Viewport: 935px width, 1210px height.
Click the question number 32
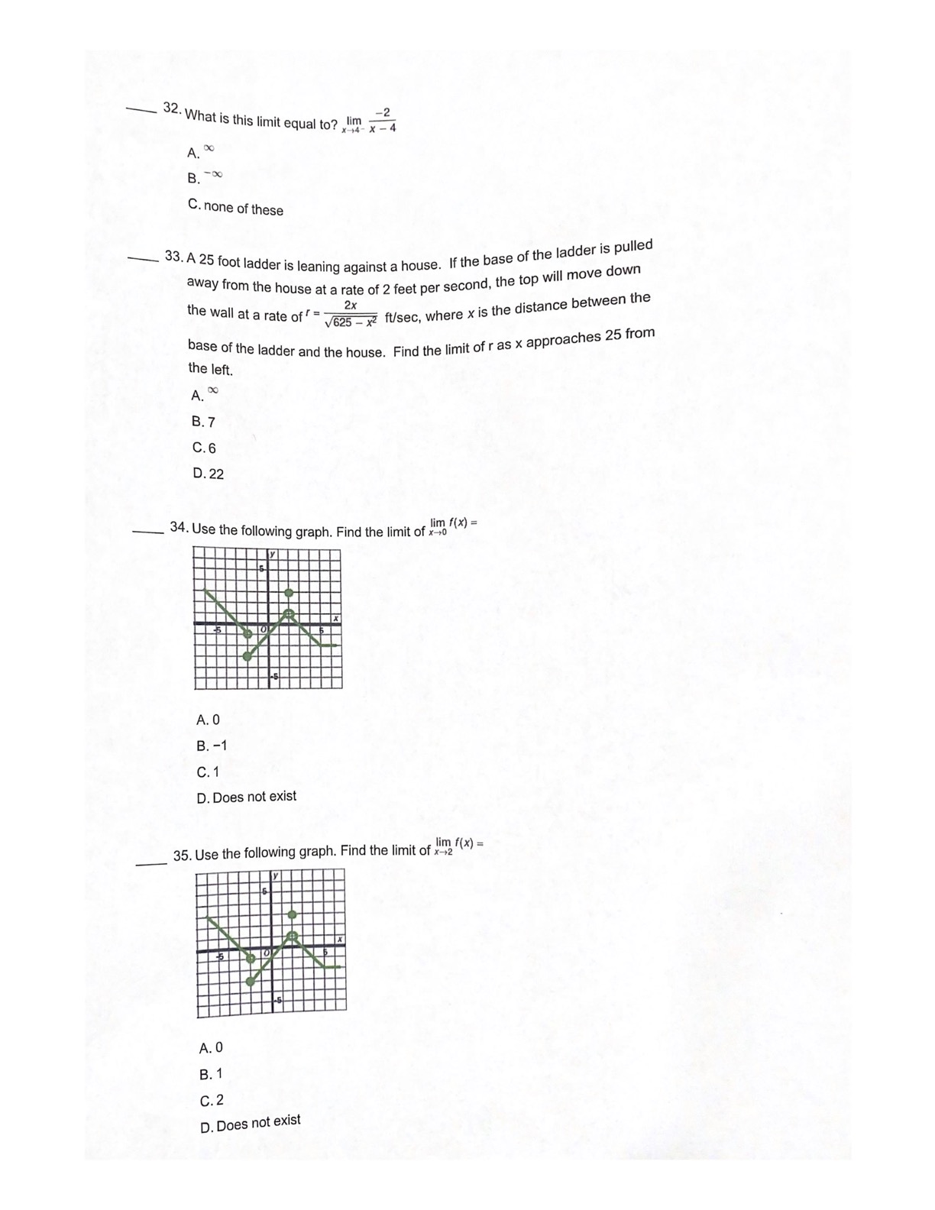172,108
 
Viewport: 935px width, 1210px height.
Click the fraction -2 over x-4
382,121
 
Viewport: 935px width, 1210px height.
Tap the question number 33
174,256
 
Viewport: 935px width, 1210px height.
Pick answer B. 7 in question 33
203,422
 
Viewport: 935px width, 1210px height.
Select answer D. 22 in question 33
208,474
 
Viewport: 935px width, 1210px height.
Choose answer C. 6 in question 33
204,448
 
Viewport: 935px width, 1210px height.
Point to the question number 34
179,527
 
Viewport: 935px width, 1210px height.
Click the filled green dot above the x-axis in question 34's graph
289,593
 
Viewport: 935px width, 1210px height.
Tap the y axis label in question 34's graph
271,554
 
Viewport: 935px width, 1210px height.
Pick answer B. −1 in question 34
212,746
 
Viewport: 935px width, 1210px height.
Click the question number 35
182,856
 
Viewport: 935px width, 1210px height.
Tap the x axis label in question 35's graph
340,939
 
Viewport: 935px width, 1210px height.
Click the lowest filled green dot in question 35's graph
251,982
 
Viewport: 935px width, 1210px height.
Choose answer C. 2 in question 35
212,1101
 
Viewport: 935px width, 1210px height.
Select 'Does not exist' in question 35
250,1124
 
